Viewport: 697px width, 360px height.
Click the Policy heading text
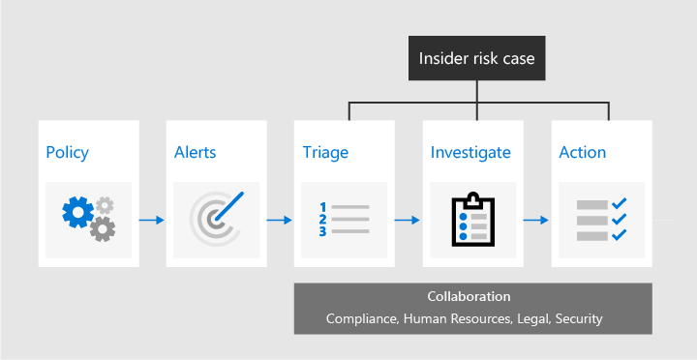[67, 153]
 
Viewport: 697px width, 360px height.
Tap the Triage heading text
[324, 153]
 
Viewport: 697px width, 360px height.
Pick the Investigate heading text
[470, 153]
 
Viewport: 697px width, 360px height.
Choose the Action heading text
[583, 153]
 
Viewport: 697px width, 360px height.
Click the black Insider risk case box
[476, 59]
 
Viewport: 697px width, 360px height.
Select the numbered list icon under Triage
[344, 220]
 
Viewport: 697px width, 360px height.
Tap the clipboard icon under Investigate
[472, 219]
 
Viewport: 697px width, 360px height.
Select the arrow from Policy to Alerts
[151, 221]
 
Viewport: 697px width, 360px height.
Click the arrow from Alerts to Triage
[280, 221]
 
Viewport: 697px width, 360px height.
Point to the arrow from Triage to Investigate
[409, 221]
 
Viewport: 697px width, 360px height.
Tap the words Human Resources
[452, 318]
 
